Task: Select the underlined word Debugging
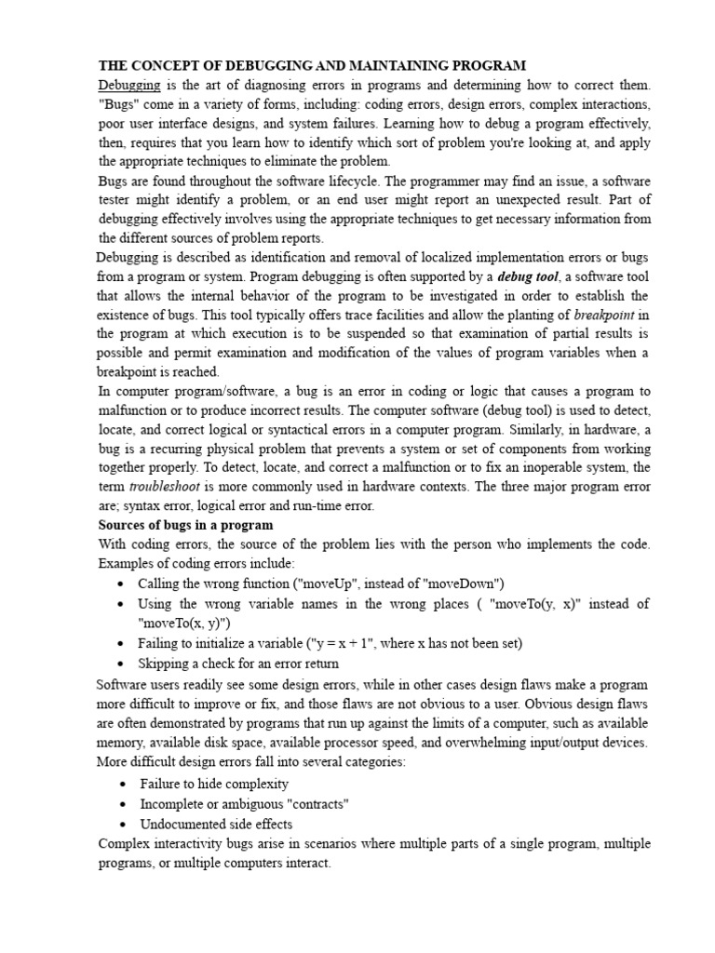[x=130, y=86]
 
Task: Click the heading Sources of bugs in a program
[x=185, y=525]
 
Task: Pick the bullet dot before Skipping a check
[x=123, y=664]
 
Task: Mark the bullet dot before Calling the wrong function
[x=123, y=584]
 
